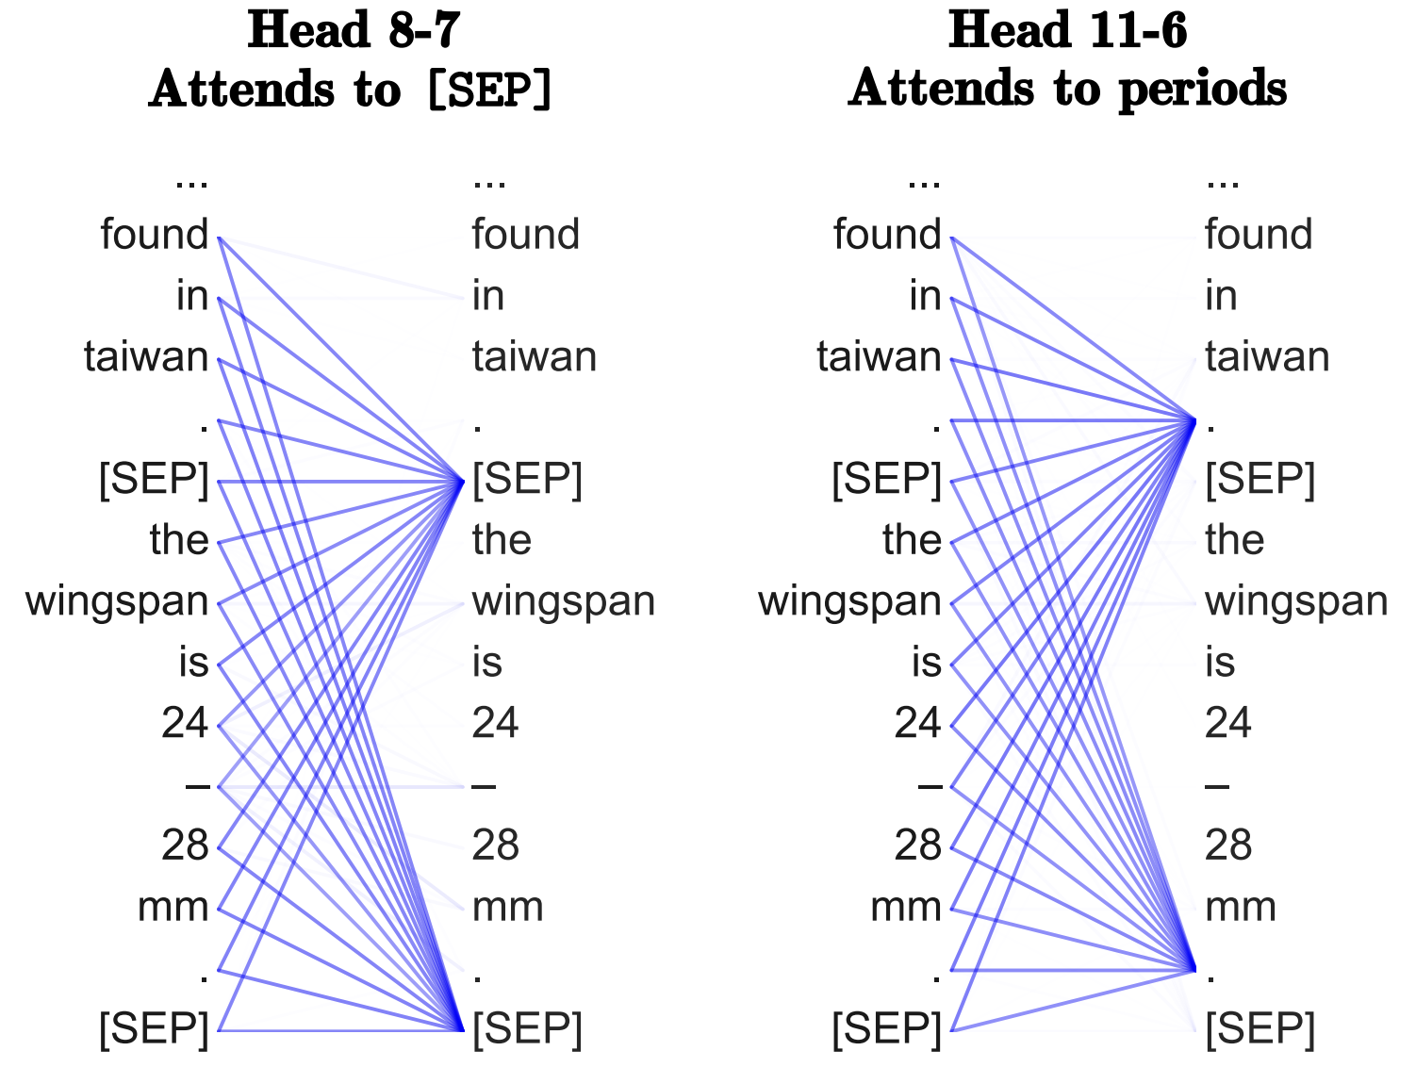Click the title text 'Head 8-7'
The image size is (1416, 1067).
353,30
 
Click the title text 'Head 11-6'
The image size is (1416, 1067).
1067,30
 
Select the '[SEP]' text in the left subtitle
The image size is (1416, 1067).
488,90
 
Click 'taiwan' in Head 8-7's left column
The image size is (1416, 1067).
146,357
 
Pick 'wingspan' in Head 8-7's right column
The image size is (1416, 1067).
563,601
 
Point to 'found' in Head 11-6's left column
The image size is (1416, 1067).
887,235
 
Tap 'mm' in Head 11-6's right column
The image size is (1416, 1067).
1240,907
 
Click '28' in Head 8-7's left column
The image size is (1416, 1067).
185,845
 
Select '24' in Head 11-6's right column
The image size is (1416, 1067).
1227,723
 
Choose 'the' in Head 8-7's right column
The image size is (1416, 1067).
502,540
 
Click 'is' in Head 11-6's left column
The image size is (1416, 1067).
926,663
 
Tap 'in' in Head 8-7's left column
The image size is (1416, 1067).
192,296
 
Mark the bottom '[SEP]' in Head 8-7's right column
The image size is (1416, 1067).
527,1028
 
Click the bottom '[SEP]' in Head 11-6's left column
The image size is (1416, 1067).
886,1028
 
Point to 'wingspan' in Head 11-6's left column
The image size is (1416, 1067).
849,601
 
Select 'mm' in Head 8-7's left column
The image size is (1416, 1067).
173,907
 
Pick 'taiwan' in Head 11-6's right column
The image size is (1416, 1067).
1267,357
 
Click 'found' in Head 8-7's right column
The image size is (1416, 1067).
525,235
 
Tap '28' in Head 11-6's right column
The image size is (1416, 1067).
1227,845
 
